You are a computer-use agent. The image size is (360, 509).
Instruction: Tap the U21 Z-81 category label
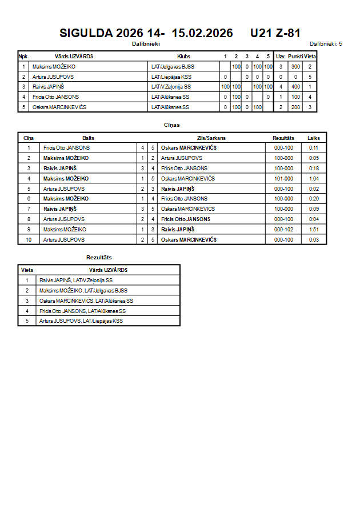pyautogui.click(x=275, y=33)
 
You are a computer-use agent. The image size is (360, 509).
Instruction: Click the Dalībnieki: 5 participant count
pyautogui.click(x=326, y=43)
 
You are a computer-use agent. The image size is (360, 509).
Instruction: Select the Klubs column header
pyautogui.click(x=184, y=57)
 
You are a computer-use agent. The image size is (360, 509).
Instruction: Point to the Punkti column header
pyautogui.click(x=295, y=57)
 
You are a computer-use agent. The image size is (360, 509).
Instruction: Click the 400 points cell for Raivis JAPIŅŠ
pyautogui.click(x=295, y=87)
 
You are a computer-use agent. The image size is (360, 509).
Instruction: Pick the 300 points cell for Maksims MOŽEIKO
pyautogui.click(x=295, y=67)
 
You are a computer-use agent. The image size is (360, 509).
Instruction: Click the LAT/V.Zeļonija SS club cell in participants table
pyautogui.click(x=171, y=87)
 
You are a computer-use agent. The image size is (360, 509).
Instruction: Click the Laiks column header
pyautogui.click(x=314, y=138)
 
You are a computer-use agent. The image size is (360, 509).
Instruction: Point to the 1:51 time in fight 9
pyautogui.click(x=314, y=229)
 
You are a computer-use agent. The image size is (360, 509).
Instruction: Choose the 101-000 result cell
pyautogui.click(x=283, y=178)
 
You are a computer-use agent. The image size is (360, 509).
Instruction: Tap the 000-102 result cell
pyautogui.click(x=283, y=229)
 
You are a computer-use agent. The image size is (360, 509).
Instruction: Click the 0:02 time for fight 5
pyautogui.click(x=314, y=189)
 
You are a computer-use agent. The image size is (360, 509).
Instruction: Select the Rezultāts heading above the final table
pyautogui.click(x=99, y=258)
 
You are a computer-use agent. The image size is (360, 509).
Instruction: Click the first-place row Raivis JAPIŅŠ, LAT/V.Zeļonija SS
pyautogui.click(x=76, y=280)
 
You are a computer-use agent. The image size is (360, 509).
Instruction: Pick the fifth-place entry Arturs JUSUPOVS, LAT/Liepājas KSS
pyautogui.click(x=81, y=321)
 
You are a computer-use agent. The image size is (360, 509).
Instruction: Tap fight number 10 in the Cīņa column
pyautogui.click(x=29, y=239)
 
